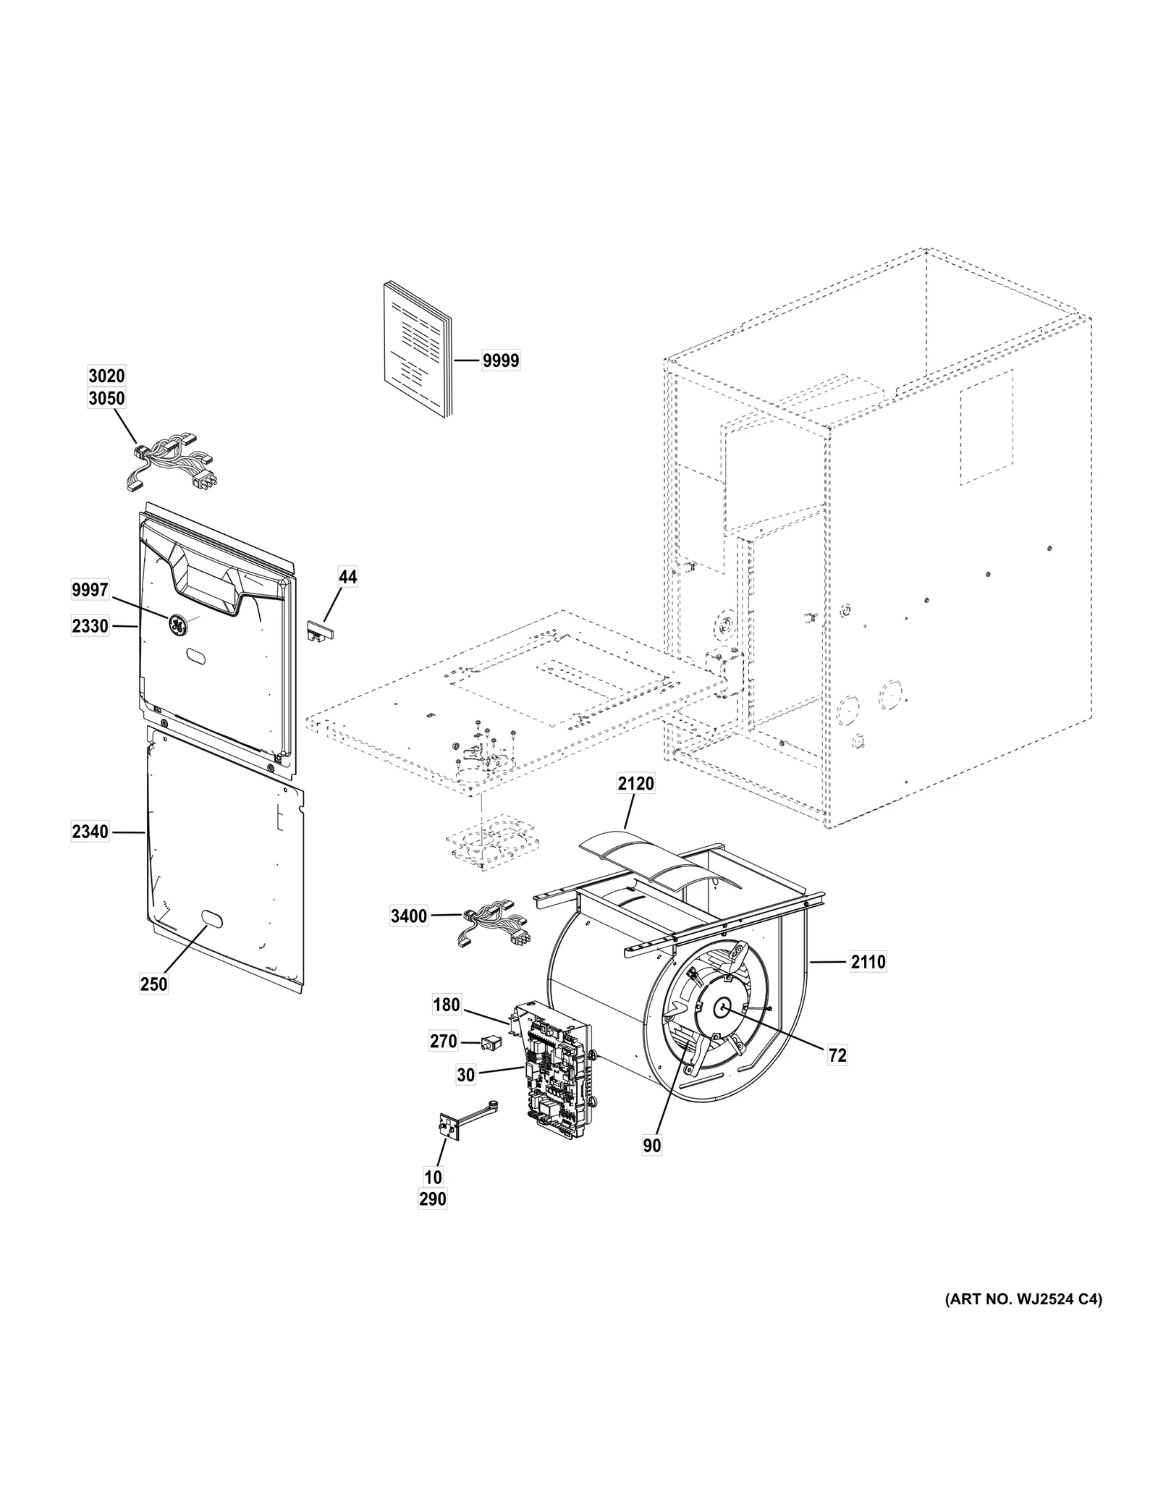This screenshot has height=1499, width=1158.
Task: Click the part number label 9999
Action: point(501,360)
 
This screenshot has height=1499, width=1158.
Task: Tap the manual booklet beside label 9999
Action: point(416,351)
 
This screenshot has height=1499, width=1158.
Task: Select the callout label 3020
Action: point(106,376)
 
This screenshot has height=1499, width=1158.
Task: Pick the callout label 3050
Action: point(106,398)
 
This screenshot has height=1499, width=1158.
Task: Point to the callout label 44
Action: point(347,577)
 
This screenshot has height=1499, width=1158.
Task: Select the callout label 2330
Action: point(90,626)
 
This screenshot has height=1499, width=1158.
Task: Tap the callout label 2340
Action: point(90,832)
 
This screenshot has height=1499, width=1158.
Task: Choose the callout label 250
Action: point(153,984)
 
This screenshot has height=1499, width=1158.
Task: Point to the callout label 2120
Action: point(635,783)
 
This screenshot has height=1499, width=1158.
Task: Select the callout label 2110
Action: point(868,962)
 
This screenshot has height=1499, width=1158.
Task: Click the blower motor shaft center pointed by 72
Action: point(723,1007)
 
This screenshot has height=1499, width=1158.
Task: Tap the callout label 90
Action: point(651,1146)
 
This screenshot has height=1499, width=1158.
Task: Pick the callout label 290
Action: point(433,1199)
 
